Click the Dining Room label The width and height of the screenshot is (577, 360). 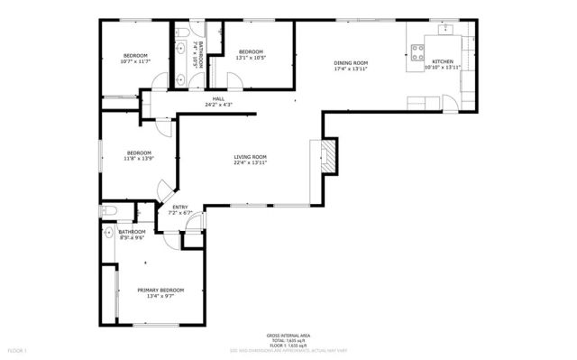pos(351,62)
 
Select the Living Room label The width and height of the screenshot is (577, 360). pos(250,157)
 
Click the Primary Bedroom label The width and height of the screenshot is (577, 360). pos(160,290)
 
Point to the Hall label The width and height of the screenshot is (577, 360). pos(218,99)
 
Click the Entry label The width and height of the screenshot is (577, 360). pos(180,208)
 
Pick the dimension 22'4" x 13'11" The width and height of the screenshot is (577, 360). pos(250,163)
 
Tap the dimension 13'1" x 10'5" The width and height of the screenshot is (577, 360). pos(250,58)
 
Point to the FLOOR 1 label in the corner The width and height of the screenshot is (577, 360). pos(19,349)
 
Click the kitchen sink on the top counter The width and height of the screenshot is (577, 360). pos(444,30)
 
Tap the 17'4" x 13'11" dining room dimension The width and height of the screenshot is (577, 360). pos(351,69)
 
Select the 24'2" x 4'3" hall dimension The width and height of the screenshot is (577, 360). pos(218,106)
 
